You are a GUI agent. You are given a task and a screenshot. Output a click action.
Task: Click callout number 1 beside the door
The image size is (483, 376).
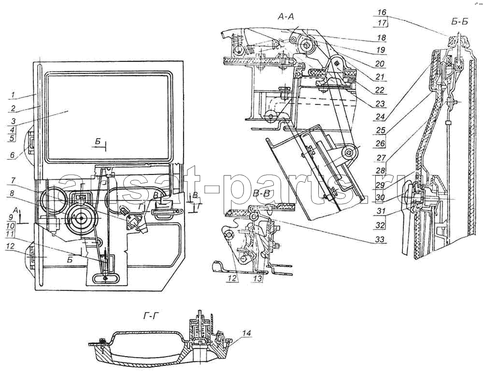click(13, 95)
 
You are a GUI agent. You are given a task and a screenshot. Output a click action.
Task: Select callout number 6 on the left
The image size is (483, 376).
click(13, 156)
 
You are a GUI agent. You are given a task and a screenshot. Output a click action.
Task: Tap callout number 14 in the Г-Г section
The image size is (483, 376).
click(246, 333)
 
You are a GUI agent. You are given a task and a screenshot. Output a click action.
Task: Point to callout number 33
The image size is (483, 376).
click(381, 239)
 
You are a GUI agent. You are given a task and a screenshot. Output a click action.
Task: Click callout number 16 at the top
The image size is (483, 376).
click(382, 12)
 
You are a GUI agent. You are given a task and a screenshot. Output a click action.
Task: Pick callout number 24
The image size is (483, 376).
click(381, 117)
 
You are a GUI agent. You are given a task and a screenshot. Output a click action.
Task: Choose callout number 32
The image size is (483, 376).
click(381, 225)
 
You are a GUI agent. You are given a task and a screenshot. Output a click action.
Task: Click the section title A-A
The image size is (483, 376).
click(285, 16)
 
